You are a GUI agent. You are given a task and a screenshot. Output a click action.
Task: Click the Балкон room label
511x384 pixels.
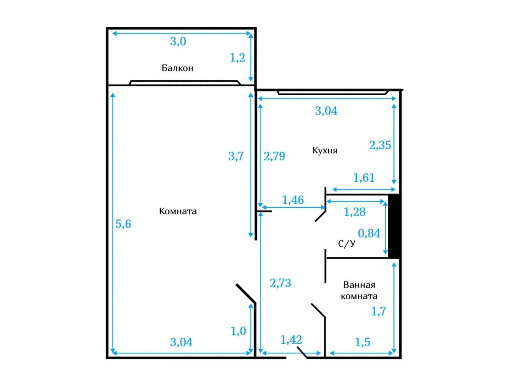177,68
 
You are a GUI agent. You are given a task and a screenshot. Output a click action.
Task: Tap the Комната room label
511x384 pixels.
178,211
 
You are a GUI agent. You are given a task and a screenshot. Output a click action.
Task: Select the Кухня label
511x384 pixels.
325,150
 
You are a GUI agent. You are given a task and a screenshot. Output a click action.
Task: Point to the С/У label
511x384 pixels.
347,244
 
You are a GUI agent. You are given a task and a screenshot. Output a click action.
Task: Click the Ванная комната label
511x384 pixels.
359,290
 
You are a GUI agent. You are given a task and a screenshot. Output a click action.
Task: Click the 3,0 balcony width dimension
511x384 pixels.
178,42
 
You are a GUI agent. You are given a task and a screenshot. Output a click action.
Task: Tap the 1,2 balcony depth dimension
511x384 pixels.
237,58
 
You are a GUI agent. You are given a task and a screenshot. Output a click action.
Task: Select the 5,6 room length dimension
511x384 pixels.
123,224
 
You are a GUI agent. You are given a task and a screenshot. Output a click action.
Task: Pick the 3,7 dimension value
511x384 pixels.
236,156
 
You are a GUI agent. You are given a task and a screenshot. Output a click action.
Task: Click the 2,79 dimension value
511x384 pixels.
274,156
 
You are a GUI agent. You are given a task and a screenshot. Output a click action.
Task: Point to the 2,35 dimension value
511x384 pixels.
380,145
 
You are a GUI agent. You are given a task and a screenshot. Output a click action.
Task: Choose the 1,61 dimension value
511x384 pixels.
364,178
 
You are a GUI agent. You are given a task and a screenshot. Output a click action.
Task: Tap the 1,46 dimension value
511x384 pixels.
293,200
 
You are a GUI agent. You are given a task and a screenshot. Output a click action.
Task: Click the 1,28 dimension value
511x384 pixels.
355,212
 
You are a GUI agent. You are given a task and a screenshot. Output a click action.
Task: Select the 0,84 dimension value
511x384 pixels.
369,233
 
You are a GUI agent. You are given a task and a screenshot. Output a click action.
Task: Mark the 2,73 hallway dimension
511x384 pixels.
280,283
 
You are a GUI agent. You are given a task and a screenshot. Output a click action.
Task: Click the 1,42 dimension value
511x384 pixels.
291,340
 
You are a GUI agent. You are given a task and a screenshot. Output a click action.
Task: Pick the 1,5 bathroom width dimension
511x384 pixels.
362,342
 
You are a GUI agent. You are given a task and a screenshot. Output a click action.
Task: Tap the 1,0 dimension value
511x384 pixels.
238,331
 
